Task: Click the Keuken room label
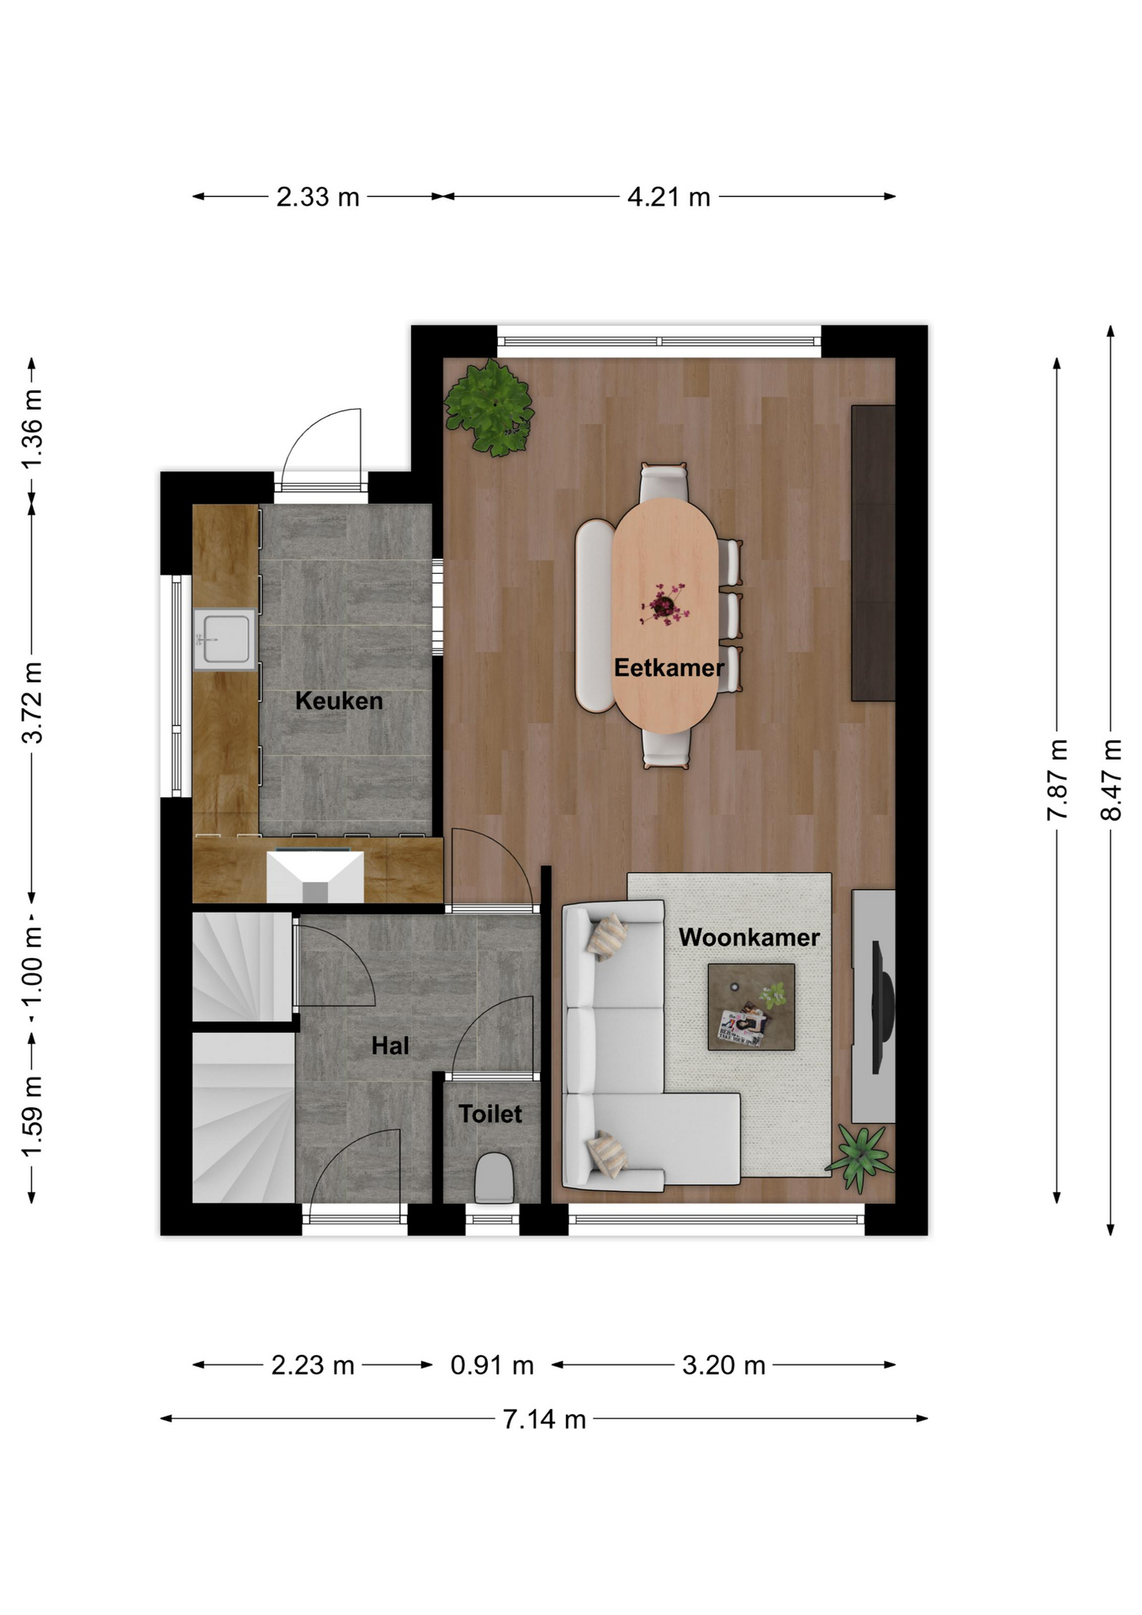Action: (339, 701)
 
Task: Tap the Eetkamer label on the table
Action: (669, 668)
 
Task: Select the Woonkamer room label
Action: (749, 937)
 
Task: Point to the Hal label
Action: (390, 1046)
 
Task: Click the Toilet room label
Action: (490, 1114)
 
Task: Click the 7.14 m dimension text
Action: (544, 1419)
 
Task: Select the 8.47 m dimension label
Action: (1111, 779)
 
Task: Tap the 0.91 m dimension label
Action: (492, 1364)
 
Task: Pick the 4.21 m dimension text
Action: (669, 197)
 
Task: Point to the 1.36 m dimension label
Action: (31, 430)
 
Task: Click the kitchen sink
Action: (225, 639)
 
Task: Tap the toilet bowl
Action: (494, 1178)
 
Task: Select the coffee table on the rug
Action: (751, 1007)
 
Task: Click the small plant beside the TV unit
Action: (860, 1158)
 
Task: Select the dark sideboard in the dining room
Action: (873, 553)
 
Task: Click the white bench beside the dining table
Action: (595, 616)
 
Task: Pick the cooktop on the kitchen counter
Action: (315, 876)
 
